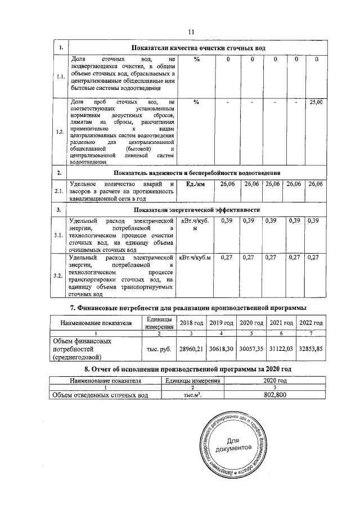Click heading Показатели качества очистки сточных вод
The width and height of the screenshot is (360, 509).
197,48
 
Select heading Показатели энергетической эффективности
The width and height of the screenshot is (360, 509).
197,209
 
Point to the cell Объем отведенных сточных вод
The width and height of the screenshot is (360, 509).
100,396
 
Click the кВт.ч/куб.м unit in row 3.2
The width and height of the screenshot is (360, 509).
195,258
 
